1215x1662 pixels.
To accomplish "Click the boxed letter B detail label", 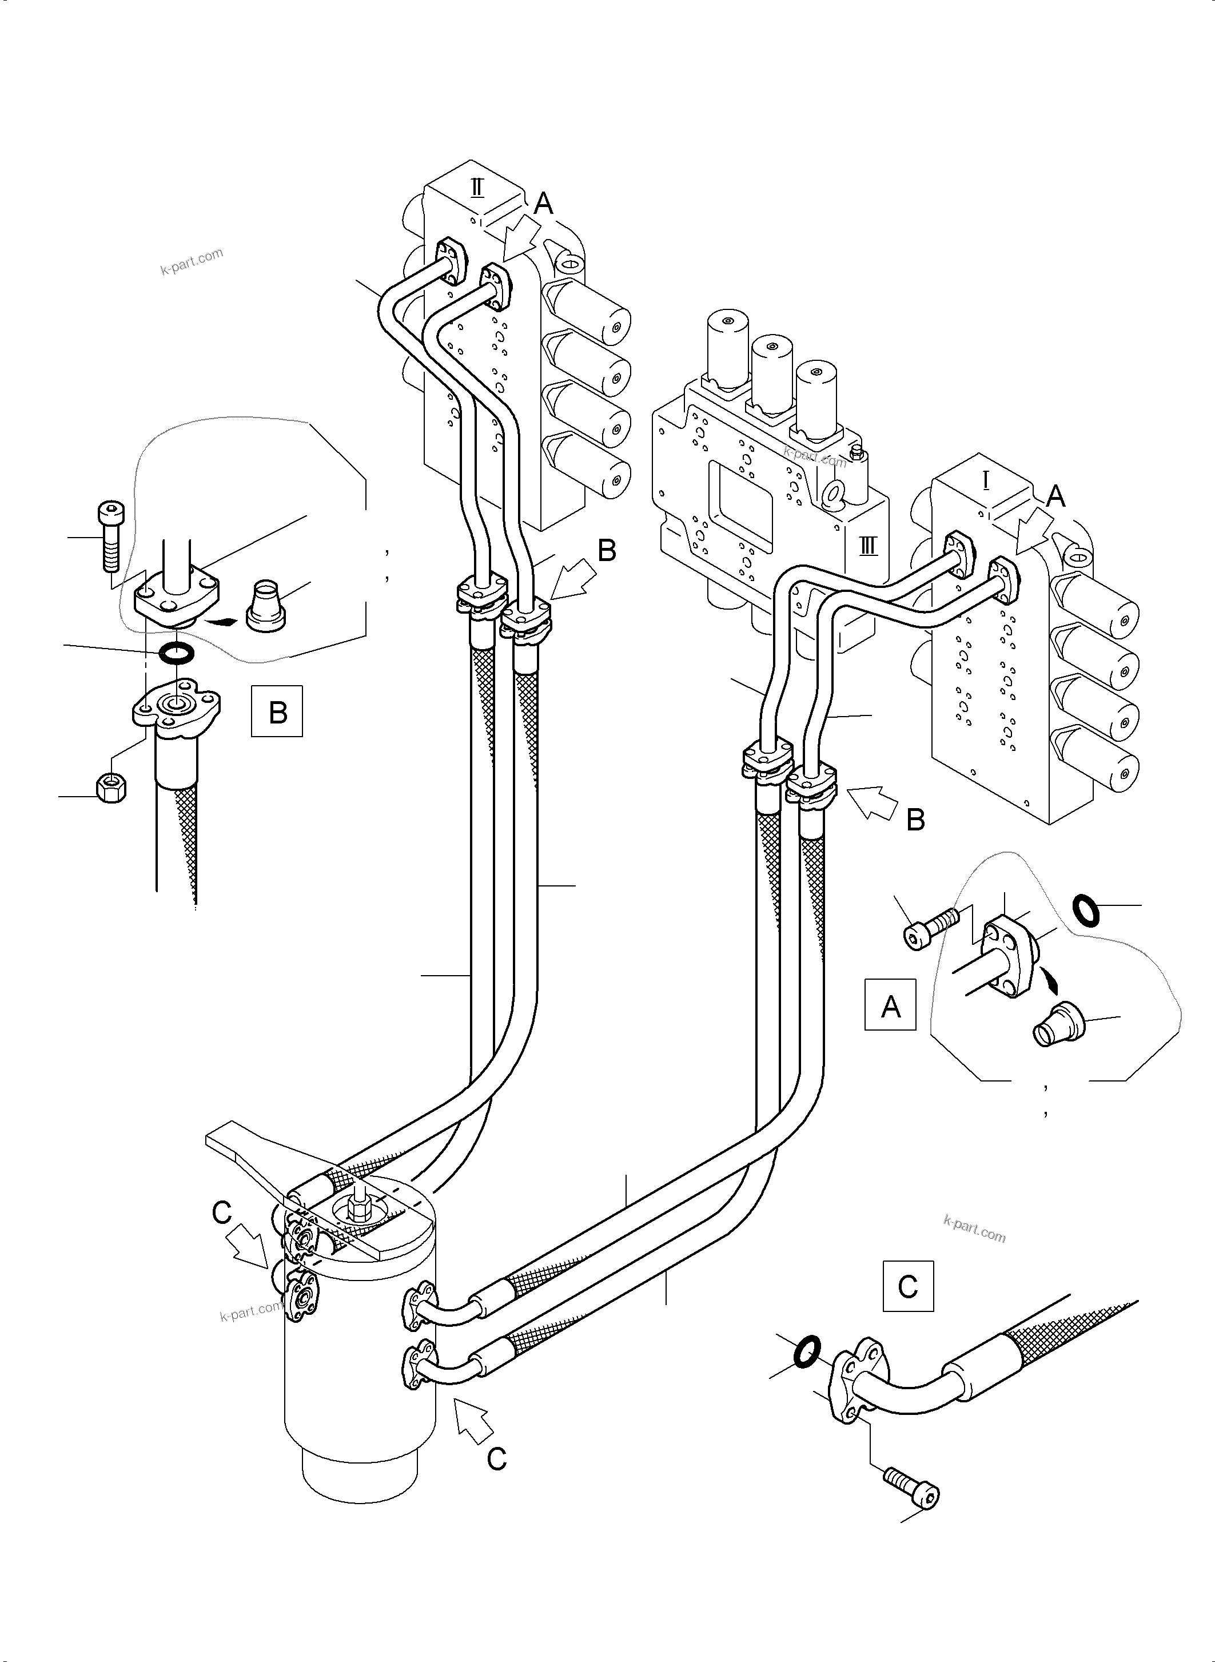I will (x=277, y=711).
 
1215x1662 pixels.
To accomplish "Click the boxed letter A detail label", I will (x=890, y=1004).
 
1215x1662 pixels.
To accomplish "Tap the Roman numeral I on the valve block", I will (x=986, y=481).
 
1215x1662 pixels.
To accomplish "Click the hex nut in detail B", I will (x=111, y=788).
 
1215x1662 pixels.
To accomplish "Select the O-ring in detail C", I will (x=807, y=1352).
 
